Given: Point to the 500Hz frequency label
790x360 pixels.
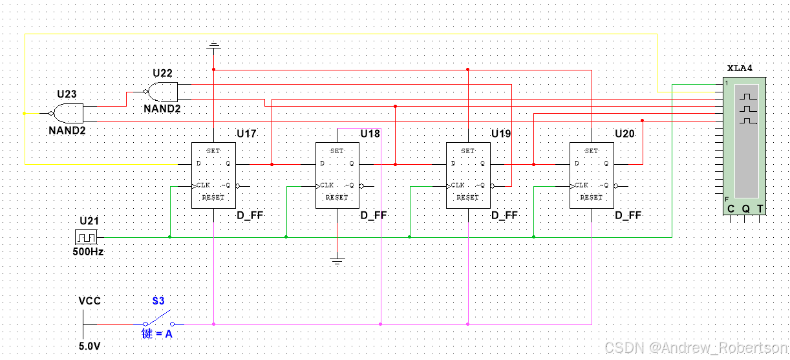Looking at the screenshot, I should pos(88,251).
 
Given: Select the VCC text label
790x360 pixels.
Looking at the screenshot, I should pos(89,301).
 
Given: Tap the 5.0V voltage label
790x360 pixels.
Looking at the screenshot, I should pos(89,346).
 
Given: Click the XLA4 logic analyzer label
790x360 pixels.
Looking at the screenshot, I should pos(740,68).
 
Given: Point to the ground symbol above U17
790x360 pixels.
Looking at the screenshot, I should pos(213,46).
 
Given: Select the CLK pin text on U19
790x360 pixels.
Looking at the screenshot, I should pos(458,185).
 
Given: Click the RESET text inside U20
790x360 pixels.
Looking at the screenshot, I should pos(591,198).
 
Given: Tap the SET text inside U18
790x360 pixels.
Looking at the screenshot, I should pos(337,151).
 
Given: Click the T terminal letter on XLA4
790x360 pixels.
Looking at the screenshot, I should pos(760,209).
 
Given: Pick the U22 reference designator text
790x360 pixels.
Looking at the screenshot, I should pos(163,73).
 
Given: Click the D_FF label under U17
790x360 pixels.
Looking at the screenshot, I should pos(249,215).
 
